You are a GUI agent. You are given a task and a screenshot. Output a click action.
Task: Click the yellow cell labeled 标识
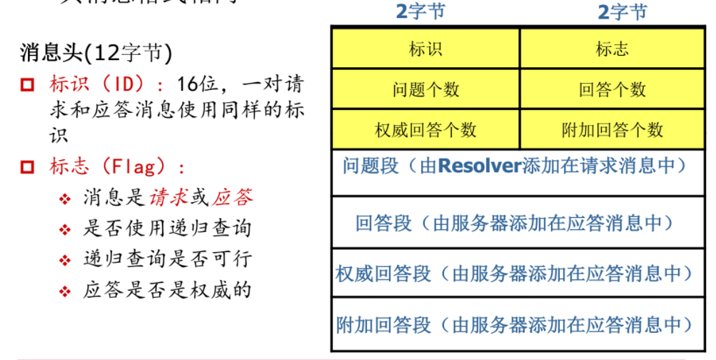[x=425, y=49]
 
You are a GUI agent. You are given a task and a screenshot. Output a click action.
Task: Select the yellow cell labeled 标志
[x=612, y=49]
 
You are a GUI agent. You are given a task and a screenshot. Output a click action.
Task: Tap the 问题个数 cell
[x=425, y=89]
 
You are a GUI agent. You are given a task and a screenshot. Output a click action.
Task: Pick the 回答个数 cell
[x=612, y=89]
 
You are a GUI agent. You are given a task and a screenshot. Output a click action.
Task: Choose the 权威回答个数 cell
[x=425, y=129]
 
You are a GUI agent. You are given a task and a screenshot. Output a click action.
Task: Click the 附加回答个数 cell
[x=612, y=129]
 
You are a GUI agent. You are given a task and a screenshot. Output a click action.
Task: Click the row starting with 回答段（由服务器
[x=514, y=223]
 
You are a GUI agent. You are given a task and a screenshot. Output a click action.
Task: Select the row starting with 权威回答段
[x=514, y=274]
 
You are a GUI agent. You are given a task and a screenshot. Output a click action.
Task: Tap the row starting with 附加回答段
[x=514, y=325]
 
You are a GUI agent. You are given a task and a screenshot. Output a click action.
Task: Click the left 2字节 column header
[x=425, y=11]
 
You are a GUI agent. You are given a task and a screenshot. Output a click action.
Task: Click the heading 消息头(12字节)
[x=96, y=53]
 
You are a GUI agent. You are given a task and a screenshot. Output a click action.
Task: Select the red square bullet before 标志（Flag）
[x=28, y=168]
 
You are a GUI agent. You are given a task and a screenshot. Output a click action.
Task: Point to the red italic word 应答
[x=233, y=198]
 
